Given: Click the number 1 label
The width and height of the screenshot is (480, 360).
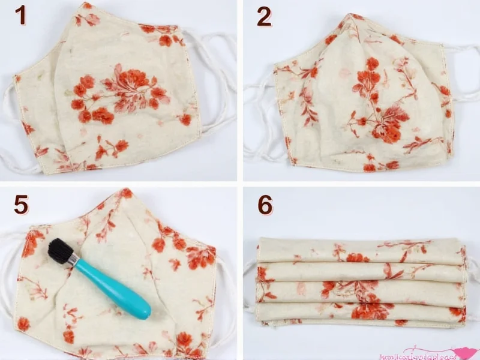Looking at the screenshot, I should point(20,16).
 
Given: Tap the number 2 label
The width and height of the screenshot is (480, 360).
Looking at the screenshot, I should point(263,16).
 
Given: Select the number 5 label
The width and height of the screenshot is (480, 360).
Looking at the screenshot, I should point(21,205).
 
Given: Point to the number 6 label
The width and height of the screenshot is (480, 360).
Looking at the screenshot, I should point(265,205).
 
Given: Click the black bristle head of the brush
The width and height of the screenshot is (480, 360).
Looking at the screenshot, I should point(61,250).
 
